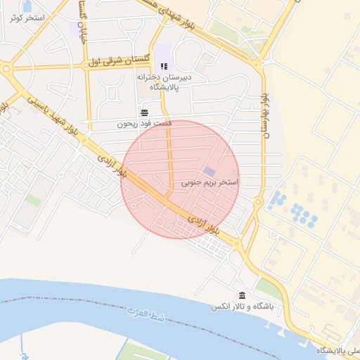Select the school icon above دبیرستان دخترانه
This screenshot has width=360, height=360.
[163, 66]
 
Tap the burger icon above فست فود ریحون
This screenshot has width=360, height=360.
[144, 112]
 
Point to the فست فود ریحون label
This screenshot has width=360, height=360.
[125, 124]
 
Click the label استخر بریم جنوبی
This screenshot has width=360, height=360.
[210, 182]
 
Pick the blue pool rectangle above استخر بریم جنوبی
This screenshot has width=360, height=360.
[210, 172]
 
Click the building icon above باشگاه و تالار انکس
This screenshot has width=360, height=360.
[242, 295]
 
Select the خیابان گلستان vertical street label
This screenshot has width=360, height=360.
[82, 28]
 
